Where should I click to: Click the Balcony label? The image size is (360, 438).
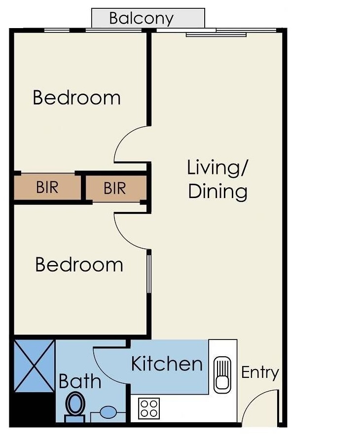141,18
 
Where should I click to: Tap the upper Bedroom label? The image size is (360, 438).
76,98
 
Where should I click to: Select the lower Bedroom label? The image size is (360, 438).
79,265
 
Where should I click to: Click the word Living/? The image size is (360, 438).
217,168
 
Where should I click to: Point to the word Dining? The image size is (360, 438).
218,192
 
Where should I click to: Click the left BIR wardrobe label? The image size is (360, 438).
47,187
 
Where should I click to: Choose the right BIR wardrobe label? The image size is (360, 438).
115,188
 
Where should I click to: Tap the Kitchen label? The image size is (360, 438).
167,364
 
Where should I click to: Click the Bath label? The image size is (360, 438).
80,381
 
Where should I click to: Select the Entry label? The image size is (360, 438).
260,372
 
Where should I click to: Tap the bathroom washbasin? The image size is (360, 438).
108,412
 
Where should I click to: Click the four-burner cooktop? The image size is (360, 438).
149,408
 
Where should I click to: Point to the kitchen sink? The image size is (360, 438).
222,375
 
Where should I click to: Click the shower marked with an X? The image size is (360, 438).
34,366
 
